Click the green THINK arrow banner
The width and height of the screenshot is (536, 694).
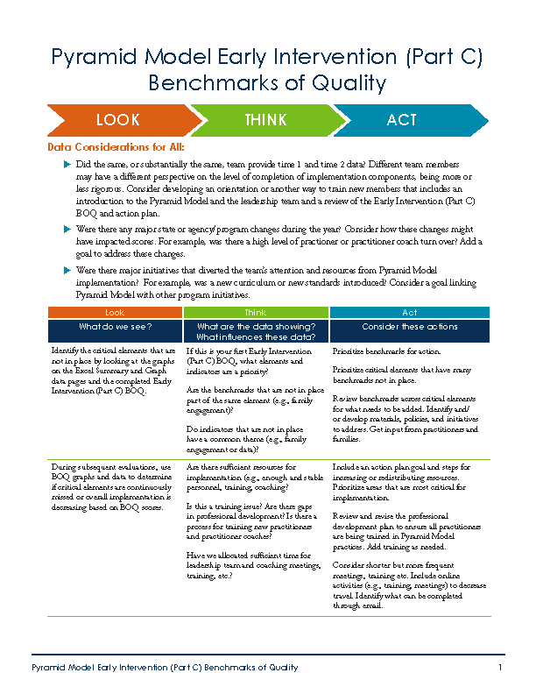(x=265, y=120)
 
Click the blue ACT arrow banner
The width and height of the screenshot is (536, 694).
(x=402, y=120)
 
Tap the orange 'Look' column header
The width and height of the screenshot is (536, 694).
(x=115, y=312)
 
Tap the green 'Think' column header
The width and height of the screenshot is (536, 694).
(x=256, y=312)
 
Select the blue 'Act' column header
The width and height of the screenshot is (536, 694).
(x=410, y=312)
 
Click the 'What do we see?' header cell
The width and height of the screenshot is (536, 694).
(x=115, y=327)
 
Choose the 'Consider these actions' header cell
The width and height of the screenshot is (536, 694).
(x=410, y=327)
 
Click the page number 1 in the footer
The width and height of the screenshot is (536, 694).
(x=499, y=668)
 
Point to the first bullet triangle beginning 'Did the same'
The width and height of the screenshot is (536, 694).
(x=68, y=165)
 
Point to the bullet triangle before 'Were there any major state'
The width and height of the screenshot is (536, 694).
(x=68, y=228)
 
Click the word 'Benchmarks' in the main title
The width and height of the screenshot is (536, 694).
(x=207, y=83)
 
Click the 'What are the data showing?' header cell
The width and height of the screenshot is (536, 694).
(x=256, y=331)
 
